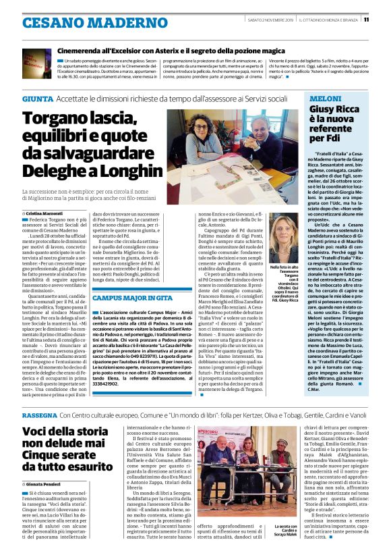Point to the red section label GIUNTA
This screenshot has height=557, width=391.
37,99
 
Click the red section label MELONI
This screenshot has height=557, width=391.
324,99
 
